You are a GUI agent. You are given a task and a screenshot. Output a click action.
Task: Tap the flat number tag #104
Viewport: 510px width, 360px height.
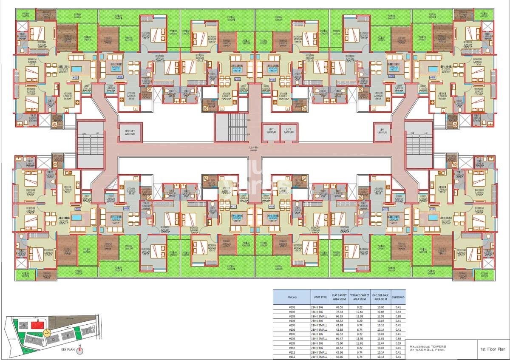pyautogui.click(x=120, y=77)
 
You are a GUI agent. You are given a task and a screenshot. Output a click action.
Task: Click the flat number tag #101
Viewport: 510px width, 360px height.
pyautogui.click(x=126, y=209)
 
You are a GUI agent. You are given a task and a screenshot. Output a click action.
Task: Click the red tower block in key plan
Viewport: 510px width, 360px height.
pyautogui.click(x=38, y=325)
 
